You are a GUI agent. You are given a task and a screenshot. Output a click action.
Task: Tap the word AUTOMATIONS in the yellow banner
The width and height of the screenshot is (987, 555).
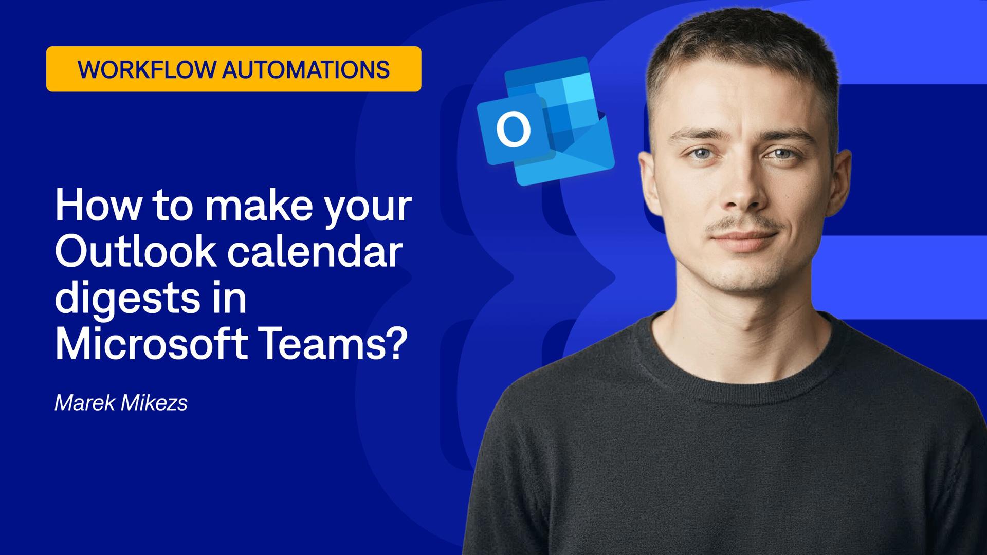pyautogui.click(x=306, y=69)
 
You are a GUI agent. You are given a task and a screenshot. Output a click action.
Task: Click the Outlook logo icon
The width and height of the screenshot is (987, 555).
pyautogui.click(x=546, y=121)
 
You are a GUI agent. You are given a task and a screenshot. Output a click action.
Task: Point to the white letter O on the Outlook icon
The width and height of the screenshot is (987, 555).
pyautogui.click(x=513, y=129)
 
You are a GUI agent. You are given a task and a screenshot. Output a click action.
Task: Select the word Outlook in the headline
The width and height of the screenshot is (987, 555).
pyautogui.click(x=135, y=251)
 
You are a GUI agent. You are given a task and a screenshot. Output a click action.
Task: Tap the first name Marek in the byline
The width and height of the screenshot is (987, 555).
pyautogui.click(x=84, y=403)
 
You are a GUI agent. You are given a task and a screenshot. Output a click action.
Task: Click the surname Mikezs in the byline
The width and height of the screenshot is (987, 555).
pyautogui.click(x=154, y=403)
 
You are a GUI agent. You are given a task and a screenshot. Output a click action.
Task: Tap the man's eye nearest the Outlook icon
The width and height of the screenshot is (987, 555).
pyautogui.click(x=702, y=153)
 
